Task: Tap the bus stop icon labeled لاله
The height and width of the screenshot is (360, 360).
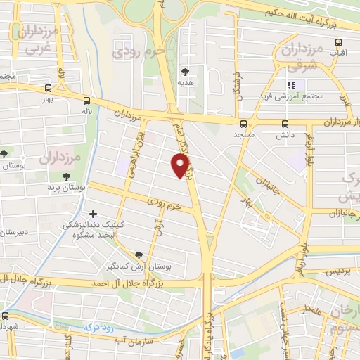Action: [x=86, y=101]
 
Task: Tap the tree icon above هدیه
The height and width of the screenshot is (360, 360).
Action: [x=185, y=71]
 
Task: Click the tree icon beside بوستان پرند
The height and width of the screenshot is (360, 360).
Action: [x=67, y=177]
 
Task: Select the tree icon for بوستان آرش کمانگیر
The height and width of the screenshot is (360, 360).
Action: [x=138, y=255]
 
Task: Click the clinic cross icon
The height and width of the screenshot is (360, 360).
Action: [x=94, y=213]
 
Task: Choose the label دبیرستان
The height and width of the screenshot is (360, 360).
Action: [x=14, y=232]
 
